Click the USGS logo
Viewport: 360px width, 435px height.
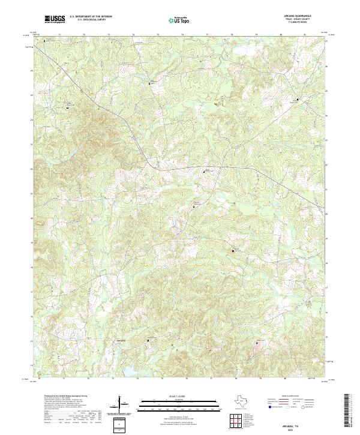point(55,20)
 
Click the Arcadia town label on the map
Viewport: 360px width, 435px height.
point(121,340)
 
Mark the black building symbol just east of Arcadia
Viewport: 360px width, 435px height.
point(148,340)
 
